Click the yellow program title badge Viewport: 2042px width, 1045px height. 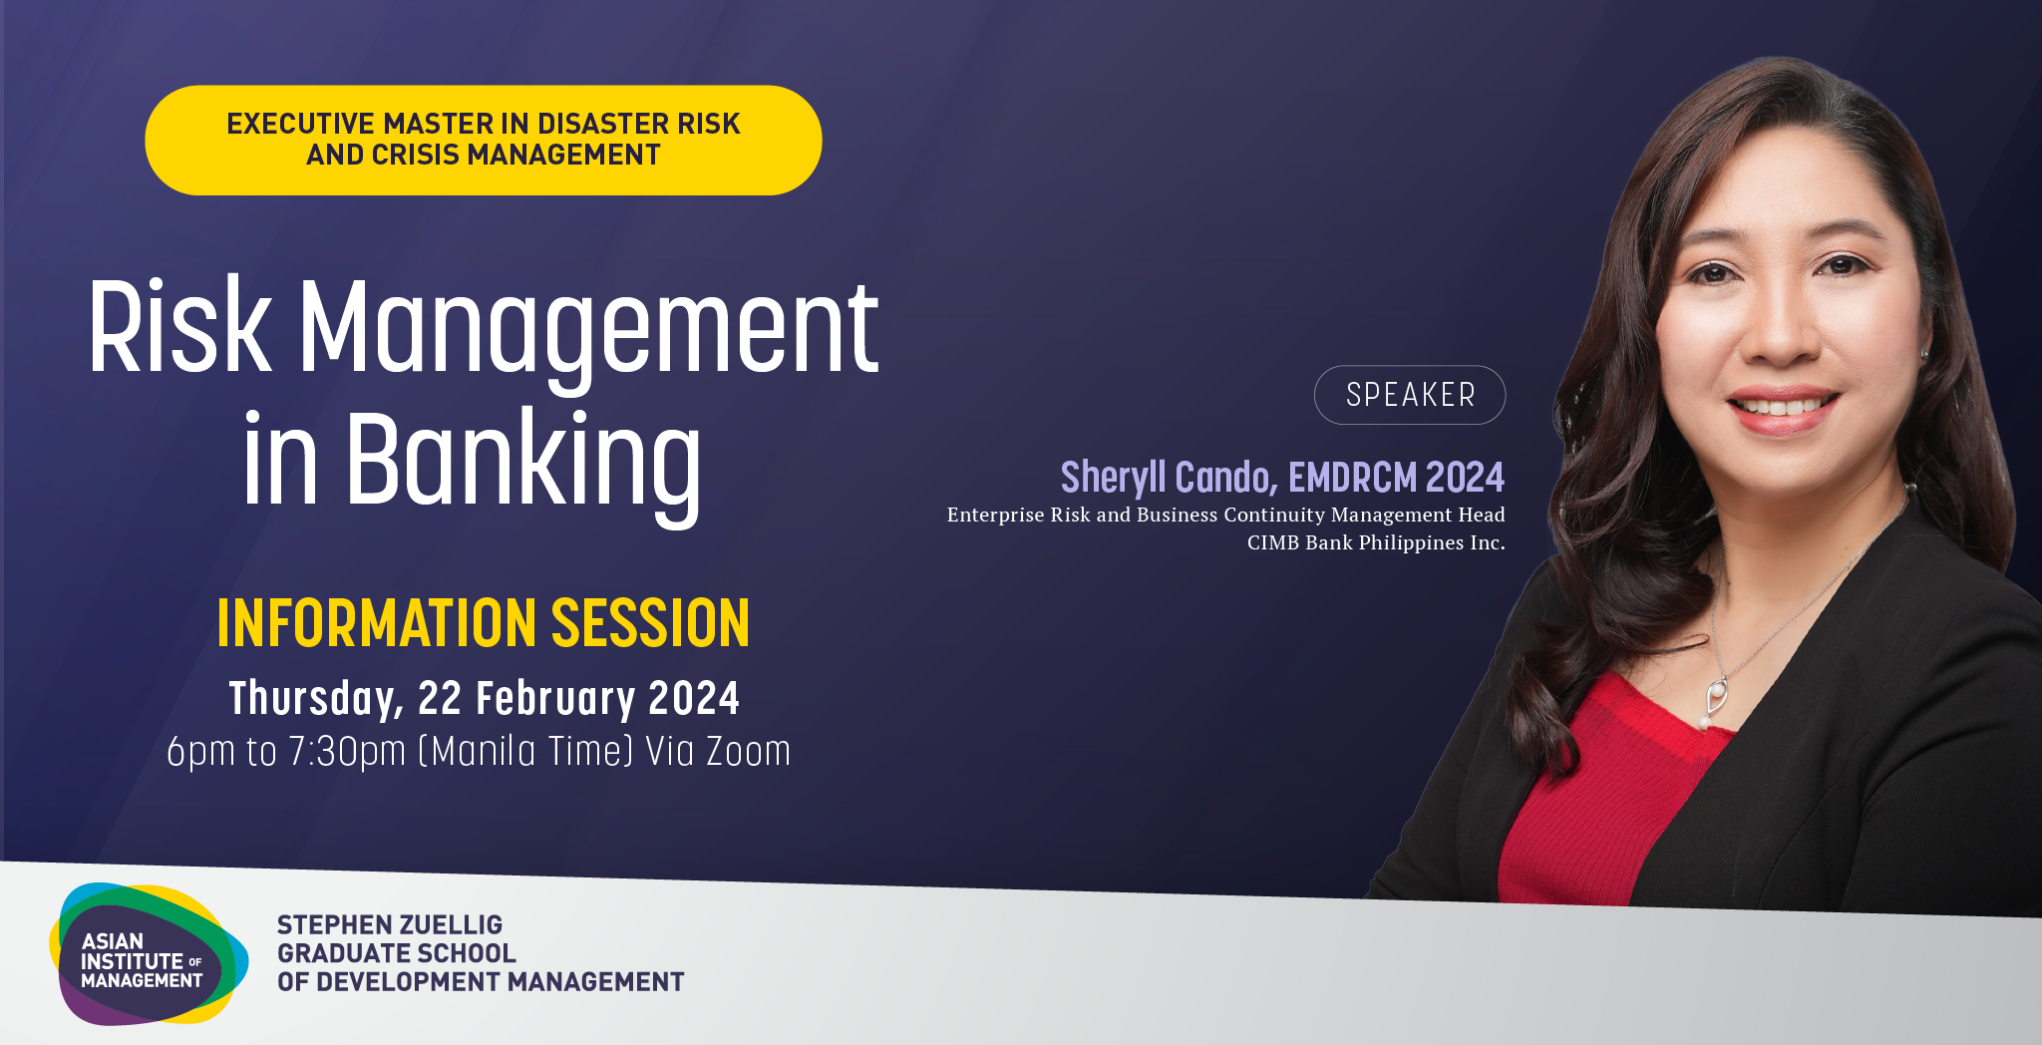pos(484,140)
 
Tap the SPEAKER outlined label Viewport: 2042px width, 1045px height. pos(1410,395)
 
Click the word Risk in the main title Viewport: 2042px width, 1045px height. pos(179,326)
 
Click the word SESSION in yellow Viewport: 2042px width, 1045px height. pos(650,623)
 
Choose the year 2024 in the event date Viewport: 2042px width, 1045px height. pos(694,698)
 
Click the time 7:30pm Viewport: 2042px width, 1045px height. pos(347,752)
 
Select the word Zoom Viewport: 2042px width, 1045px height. pos(748,752)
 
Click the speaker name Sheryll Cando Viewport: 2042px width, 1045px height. pos(1168,478)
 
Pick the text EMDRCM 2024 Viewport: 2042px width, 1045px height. pos(1397,478)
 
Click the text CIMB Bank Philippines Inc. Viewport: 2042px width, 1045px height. pos(1376,542)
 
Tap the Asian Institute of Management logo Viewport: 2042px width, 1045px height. pos(148,954)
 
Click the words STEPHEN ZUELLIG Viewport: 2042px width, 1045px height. pos(390,924)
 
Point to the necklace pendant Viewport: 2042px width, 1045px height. pos(1715,701)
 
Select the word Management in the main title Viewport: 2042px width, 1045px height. pos(589,329)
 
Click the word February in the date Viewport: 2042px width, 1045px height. pos(555,699)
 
